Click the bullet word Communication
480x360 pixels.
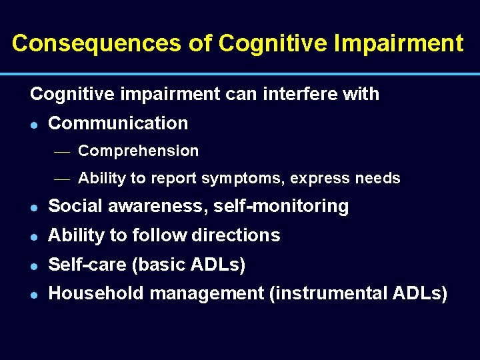(118, 123)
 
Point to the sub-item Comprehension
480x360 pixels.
(138, 151)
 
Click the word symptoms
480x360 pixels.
(236, 179)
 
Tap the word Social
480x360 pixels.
(73, 207)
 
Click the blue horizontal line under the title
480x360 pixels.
(240, 73)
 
